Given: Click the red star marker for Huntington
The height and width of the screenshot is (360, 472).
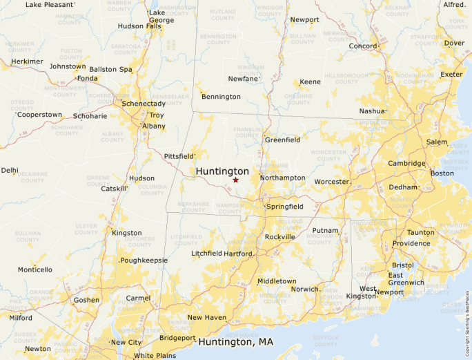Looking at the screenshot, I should click(235, 180).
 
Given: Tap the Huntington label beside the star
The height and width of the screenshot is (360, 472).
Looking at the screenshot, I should click(222, 171).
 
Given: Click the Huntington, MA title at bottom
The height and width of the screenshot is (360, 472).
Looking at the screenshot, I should click(236, 342).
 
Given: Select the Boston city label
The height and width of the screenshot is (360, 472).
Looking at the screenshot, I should click(442, 173).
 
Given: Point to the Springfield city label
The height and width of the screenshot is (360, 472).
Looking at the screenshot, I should click(285, 207).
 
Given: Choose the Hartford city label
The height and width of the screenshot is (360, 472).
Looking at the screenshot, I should click(238, 254).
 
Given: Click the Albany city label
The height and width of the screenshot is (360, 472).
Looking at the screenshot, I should click(154, 126).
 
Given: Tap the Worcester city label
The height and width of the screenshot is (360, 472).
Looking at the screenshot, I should click(331, 182).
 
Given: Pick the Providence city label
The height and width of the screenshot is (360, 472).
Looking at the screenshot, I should click(411, 243).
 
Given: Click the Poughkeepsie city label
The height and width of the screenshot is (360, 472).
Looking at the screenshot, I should click(144, 260).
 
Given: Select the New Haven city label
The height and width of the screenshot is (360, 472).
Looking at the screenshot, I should click(207, 318).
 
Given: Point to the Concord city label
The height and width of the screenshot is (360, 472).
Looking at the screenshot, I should click(363, 46).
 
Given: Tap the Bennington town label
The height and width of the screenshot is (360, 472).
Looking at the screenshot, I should click(221, 97).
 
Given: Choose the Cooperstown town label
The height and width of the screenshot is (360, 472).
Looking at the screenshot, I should click(40, 115).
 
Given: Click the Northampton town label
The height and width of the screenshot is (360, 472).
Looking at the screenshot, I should click(282, 178).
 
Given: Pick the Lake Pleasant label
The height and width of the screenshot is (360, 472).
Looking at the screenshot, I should click(49, 5).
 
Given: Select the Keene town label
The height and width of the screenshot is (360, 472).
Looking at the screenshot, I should click(310, 82).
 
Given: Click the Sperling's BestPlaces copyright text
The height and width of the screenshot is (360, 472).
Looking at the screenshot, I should click(467, 317).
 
